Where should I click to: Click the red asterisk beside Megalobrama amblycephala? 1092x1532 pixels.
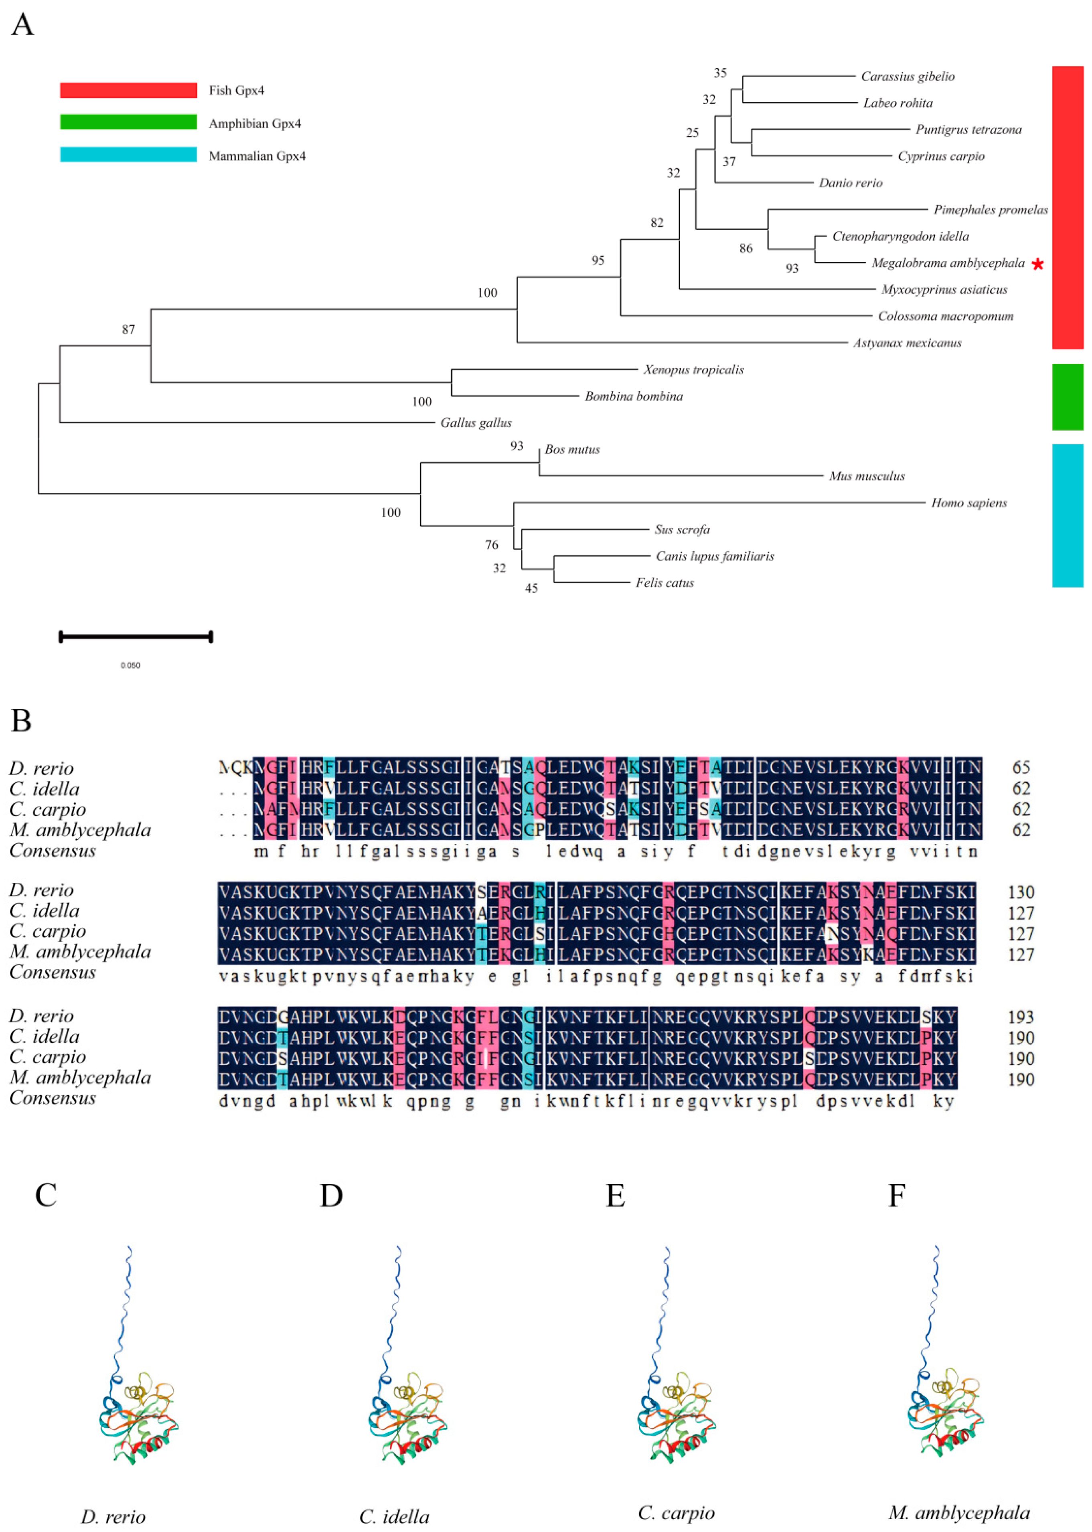pyautogui.click(x=1037, y=264)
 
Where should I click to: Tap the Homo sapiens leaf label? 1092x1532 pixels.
pyautogui.click(x=968, y=503)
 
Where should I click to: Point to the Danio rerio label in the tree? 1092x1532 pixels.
pyautogui.click(x=850, y=183)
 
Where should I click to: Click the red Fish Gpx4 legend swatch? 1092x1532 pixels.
pyautogui.click(x=128, y=90)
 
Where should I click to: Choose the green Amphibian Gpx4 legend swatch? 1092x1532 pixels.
pyautogui.click(x=128, y=122)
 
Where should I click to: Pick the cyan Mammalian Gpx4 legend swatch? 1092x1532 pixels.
pyautogui.click(x=128, y=155)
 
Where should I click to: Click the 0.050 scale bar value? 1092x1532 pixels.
pyautogui.click(x=130, y=665)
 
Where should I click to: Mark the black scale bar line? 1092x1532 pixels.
pyautogui.click(x=136, y=636)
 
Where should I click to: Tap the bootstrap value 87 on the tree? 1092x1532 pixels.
pyautogui.click(x=128, y=330)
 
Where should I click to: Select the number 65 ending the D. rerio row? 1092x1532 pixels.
pyautogui.click(x=1021, y=767)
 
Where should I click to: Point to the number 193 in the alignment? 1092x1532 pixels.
pyautogui.click(x=1021, y=1017)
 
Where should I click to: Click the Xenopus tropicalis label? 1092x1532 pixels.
pyautogui.click(x=693, y=370)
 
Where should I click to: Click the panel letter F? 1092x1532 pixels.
pyautogui.click(x=896, y=1195)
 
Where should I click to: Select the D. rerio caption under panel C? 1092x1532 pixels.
pyautogui.click(x=113, y=1516)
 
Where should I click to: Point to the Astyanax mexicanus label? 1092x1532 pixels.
pyautogui.click(x=907, y=343)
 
